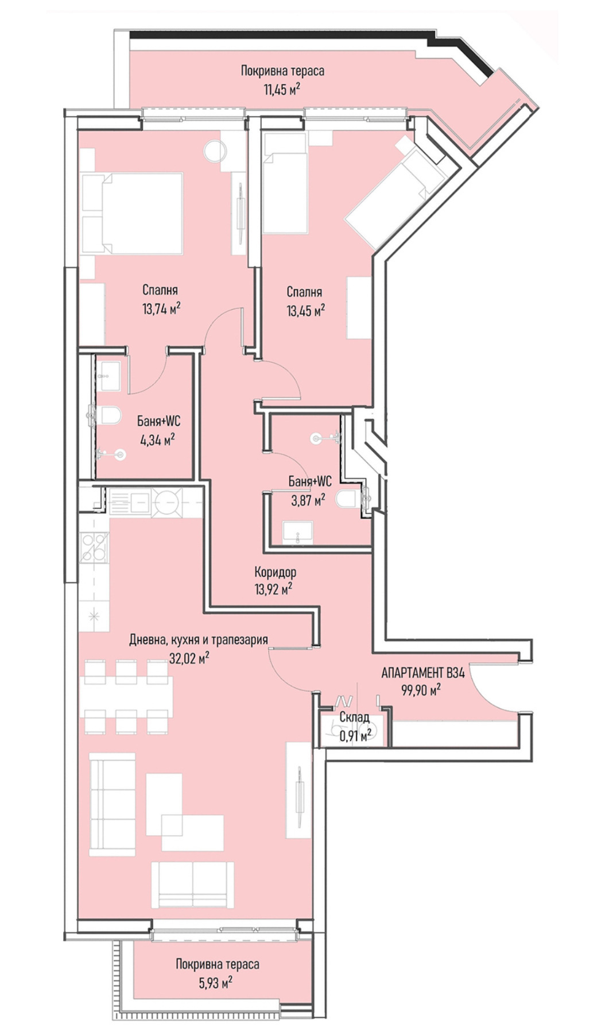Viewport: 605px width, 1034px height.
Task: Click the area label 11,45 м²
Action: pyautogui.click(x=282, y=90)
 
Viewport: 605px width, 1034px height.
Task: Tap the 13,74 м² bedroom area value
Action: pyautogui.click(x=162, y=309)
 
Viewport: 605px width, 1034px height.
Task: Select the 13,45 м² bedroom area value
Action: pyautogui.click(x=306, y=310)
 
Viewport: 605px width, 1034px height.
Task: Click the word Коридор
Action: pyautogui.click(x=276, y=572)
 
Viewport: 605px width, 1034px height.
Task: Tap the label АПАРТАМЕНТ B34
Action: pyautogui.click(x=423, y=672)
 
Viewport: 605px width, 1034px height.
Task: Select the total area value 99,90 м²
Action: pyautogui.click(x=421, y=690)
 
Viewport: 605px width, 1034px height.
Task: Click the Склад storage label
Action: pyautogui.click(x=354, y=717)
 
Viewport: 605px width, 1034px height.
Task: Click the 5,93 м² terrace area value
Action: pyautogui.click(x=216, y=983)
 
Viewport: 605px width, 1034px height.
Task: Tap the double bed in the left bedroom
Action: pyautogui.click(x=132, y=213)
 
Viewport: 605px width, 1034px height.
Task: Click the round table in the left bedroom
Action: pyautogui.click(x=216, y=151)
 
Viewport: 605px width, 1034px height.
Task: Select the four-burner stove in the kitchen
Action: pyautogui.click(x=94, y=547)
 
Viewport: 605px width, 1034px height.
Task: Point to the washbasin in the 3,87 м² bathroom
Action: pyautogui.click(x=298, y=531)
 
